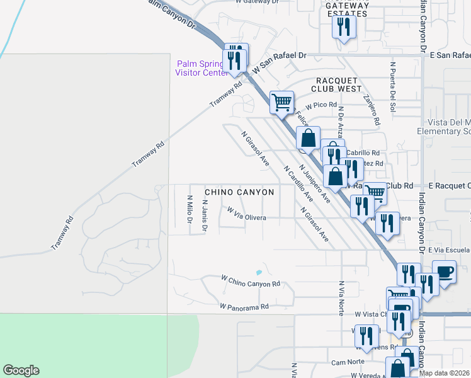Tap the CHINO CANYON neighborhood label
pos(239,192)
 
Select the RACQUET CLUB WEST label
pos(339,84)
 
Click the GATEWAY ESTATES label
pos(347,9)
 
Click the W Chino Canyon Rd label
pos(250,281)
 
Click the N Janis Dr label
pos(204,216)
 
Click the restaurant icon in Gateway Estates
pos(343,26)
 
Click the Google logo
pos(21,370)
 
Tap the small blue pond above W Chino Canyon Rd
pos(259,272)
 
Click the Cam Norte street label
pos(348,362)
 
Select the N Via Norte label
pos(341,297)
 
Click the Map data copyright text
pos(445,373)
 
